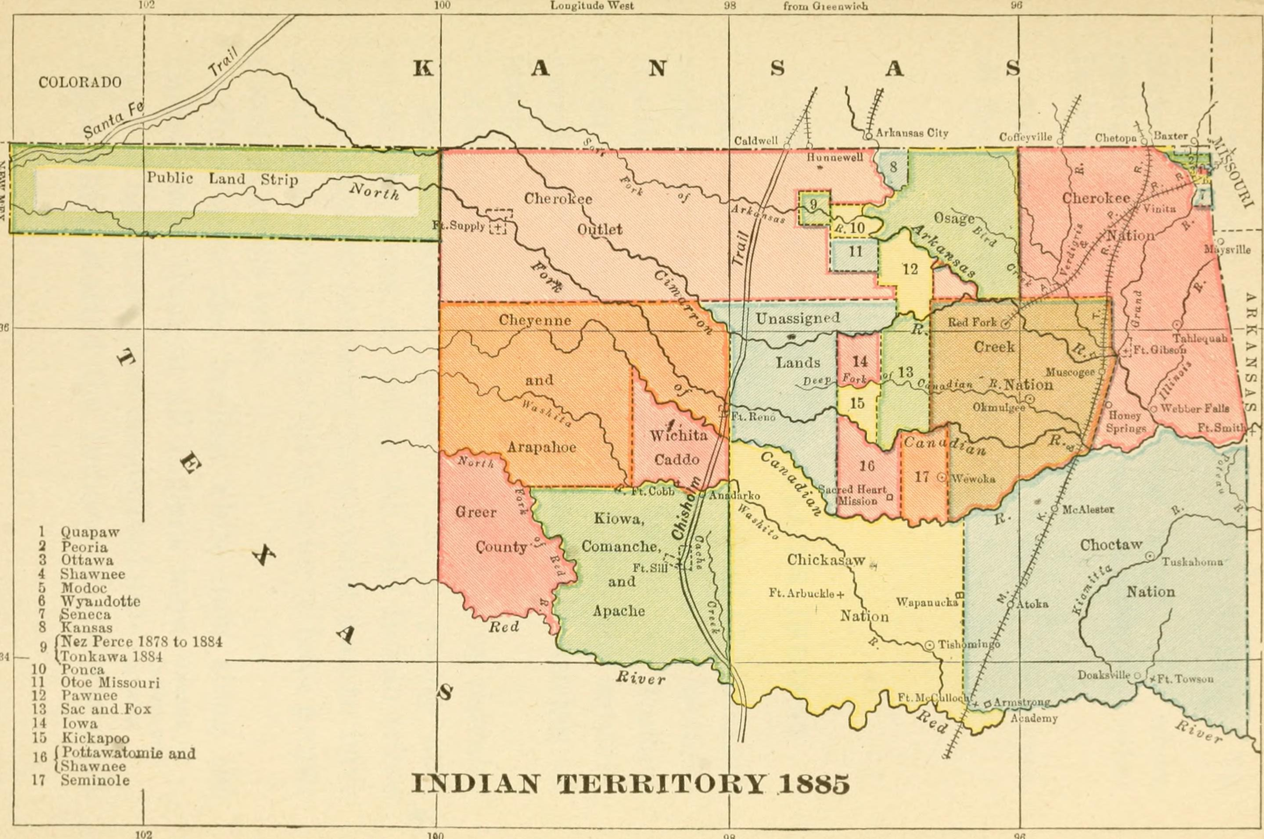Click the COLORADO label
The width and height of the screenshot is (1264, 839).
pyautogui.click(x=80, y=82)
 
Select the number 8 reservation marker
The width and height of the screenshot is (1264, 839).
pyautogui.click(x=893, y=167)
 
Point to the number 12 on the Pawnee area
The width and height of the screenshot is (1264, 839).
pyautogui.click(x=910, y=269)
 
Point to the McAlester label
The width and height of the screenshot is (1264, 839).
pyautogui.click(x=1088, y=510)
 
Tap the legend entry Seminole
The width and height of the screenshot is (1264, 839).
pyautogui.click(x=95, y=780)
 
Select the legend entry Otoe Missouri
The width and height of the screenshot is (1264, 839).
pyautogui.click(x=110, y=683)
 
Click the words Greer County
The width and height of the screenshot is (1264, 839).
pyautogui.click(x=490, y=530)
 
